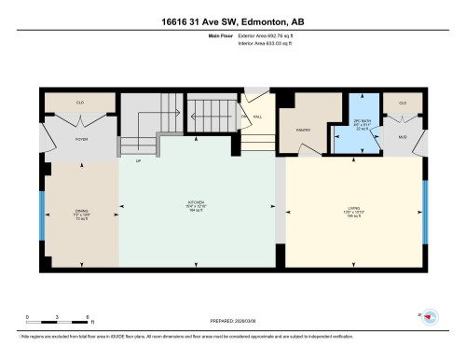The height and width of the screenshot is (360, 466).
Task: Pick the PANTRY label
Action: coord(303,131)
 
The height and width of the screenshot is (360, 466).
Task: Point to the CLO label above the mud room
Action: coord(404,103)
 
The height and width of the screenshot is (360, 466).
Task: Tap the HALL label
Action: coord(256,117)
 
